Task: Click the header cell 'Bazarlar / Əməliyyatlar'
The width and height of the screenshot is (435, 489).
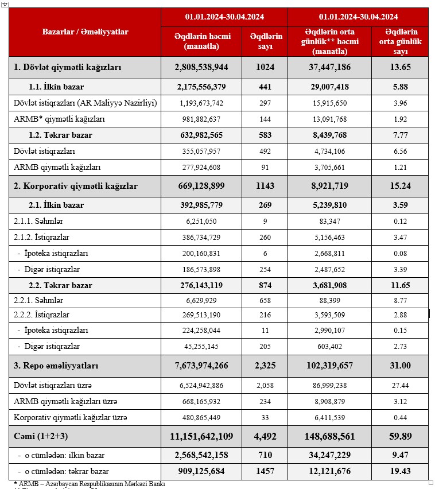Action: (85, 32)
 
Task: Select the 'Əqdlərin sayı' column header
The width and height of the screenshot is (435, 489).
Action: (266, 41)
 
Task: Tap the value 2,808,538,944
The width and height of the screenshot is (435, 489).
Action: (201, 67)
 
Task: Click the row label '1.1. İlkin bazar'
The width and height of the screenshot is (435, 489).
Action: (56, 87)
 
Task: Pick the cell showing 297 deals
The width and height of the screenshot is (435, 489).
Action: (266, 103)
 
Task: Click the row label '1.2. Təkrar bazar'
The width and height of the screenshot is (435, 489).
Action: (60, 135)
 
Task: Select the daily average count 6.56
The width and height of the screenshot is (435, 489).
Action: (400, 152)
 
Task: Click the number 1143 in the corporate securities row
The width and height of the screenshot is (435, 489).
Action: (266, 186)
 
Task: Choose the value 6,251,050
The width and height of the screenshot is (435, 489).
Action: (201, 222)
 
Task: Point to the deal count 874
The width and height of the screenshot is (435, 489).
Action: (266, 285)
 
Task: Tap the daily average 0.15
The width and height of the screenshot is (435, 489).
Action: (400, 331)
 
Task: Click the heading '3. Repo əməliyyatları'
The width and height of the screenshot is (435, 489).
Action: (56, 366)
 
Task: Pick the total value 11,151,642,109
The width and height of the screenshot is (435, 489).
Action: (201, 436)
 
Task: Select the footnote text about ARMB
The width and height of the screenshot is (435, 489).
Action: (89, 484)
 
